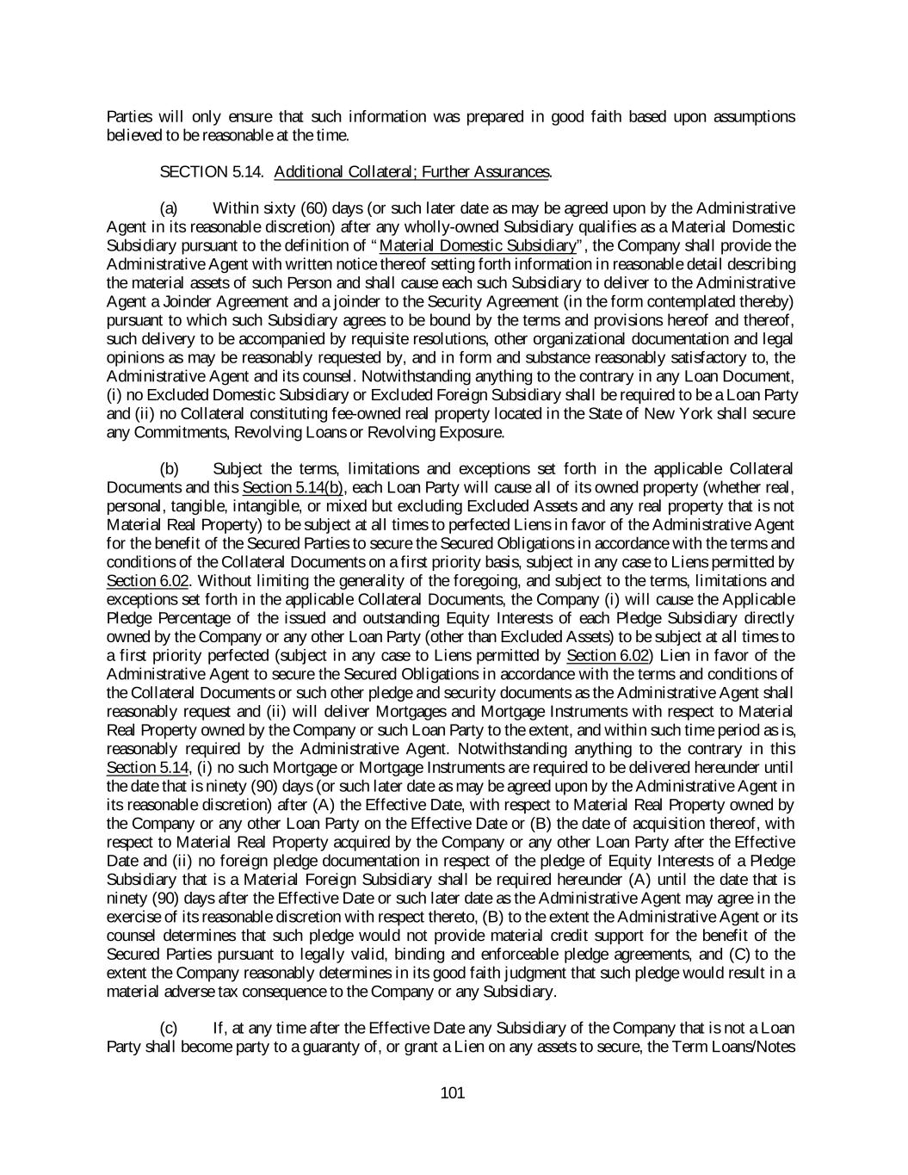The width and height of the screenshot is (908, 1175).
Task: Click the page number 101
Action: [452, 1093]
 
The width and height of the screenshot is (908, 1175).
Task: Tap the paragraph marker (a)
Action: [170, 208]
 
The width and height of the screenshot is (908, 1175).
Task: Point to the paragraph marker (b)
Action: [170, 469]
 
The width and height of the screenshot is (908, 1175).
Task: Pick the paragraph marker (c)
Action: [170, 1029]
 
